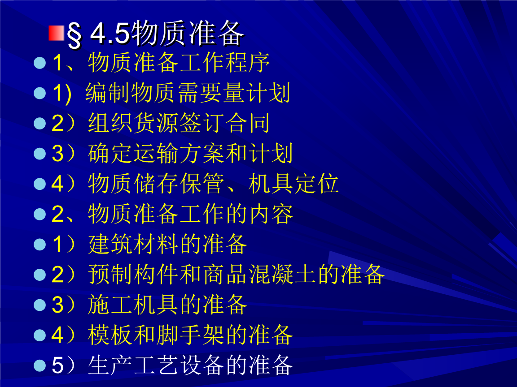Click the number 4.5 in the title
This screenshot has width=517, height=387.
coord(110,34)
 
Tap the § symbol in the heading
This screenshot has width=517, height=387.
coord(74,36)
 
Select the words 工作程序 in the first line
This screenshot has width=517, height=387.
coord(224,63)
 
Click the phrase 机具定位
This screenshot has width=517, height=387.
coord(293,184)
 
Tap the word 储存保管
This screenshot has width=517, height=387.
coord(179,184)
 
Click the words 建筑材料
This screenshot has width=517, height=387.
coord(133,245)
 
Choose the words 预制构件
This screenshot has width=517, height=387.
coord(133,275)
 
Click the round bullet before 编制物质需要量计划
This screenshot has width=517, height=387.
coord(40,93)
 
